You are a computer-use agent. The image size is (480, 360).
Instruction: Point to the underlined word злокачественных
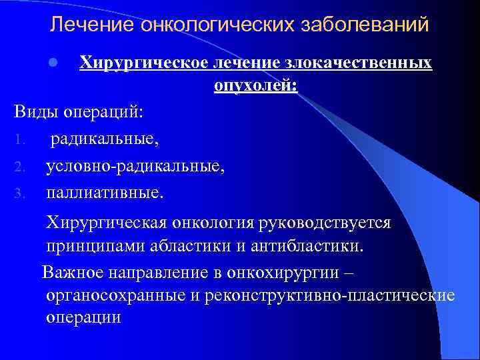(359, 63)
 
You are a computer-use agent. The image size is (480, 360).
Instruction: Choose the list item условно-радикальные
(135, 167)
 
